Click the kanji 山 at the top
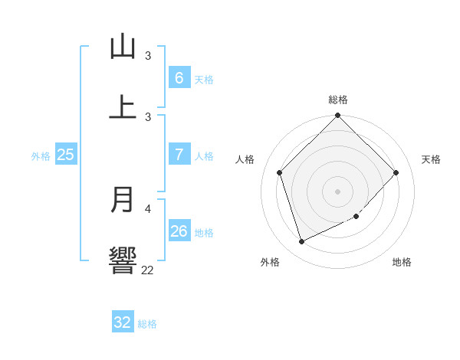pos(123,47)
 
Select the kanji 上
pos(123,106)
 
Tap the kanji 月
pos(123,200)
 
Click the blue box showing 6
pos(179,77)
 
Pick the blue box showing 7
pos(179,155)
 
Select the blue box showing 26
pos(179,231)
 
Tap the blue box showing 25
pos(66,155)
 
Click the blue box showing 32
pos(123,322)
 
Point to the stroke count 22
pos(147,270)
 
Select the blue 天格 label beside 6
pos(204,79)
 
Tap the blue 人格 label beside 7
pos(204,156)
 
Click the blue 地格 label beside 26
pos(204,233)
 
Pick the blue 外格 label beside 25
pos(41,156)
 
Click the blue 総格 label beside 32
pos(147,324)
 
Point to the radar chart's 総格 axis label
pos(337,100)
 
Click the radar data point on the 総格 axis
pos(337,116)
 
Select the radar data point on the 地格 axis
pos(356,217)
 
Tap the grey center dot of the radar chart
pos(337,191)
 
